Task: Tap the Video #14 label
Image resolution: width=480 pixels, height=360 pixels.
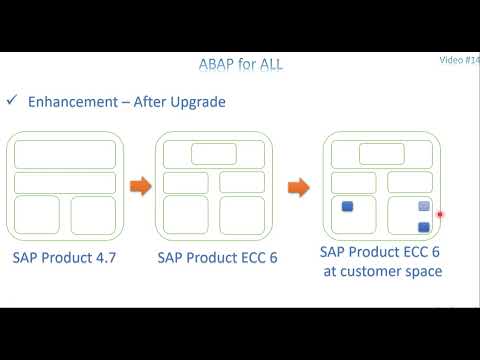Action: coord(459,60)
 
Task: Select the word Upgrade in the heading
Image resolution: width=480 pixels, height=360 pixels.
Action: coord(196,102)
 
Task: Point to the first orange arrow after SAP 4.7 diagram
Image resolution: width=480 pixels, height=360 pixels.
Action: coord(141,186)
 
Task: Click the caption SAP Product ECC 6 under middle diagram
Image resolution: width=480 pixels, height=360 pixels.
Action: coord(217,257)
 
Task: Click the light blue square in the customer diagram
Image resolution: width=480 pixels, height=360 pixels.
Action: coord(423,207)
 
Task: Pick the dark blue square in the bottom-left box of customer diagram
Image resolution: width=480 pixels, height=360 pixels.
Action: coord(348,207)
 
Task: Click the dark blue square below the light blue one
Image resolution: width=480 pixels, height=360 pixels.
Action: coord(423,227)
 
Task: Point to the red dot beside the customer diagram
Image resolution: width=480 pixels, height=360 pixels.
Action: coord(440,213)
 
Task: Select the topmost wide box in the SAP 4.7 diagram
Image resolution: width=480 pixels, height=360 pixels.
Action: coord(65,154)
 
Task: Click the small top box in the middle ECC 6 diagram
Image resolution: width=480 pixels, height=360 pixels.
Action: coord(214,153)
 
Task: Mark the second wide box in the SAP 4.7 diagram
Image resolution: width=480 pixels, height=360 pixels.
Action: coord(65,182)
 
